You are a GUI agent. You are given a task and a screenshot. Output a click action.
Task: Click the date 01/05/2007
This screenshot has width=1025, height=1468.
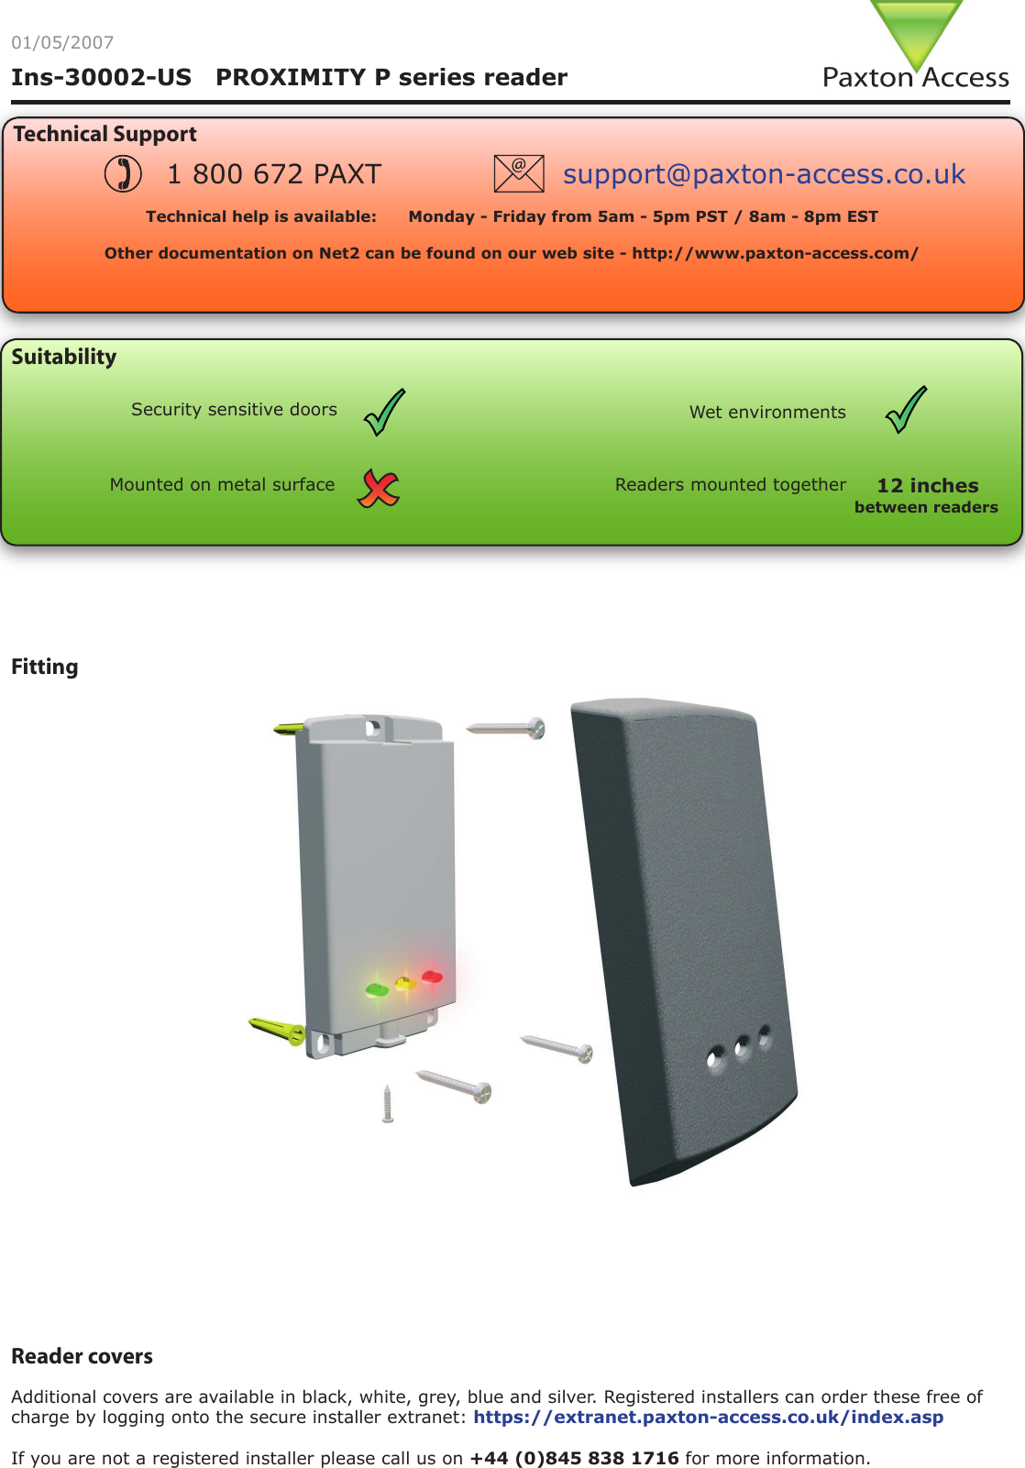pos(62,42)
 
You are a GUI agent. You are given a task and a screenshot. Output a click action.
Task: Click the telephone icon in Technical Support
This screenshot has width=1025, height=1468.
pos(123,173)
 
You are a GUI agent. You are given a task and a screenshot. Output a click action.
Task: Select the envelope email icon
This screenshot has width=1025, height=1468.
pos(518,173)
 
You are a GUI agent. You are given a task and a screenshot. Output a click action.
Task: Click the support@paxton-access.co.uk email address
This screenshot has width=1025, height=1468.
pos(764,173)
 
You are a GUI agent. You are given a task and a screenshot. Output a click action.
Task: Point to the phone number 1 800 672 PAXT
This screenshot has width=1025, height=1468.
pos(273,173)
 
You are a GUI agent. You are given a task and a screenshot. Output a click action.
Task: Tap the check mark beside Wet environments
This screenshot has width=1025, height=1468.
pos(906,410)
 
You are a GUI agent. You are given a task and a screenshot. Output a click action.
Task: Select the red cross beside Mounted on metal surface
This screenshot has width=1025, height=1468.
pos(379,487)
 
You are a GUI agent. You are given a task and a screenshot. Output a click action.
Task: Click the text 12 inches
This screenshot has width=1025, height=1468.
pos(927,485)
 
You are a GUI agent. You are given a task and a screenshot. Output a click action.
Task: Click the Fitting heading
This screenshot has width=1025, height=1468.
pos(45,667)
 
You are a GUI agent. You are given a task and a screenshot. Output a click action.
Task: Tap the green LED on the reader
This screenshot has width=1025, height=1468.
pos(376,989)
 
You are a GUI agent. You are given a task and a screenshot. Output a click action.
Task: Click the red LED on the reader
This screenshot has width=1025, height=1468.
pos(432,977)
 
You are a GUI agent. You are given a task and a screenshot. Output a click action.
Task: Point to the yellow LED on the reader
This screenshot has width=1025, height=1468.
pos(405,984)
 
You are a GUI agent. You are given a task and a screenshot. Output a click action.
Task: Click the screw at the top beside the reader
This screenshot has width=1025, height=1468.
pos(507,729)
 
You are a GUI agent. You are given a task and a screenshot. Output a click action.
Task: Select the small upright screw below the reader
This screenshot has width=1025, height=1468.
pos(388,1103)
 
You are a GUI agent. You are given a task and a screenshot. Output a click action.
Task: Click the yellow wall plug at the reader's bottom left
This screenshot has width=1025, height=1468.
pos(278,1030)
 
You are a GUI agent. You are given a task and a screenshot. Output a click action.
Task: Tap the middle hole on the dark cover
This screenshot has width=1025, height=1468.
pos(742,1048)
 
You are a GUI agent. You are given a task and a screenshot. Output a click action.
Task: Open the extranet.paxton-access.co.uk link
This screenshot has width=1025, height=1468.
pos(708,1417)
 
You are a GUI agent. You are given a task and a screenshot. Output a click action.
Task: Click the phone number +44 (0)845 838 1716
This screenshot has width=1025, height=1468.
pos(574,1458)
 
